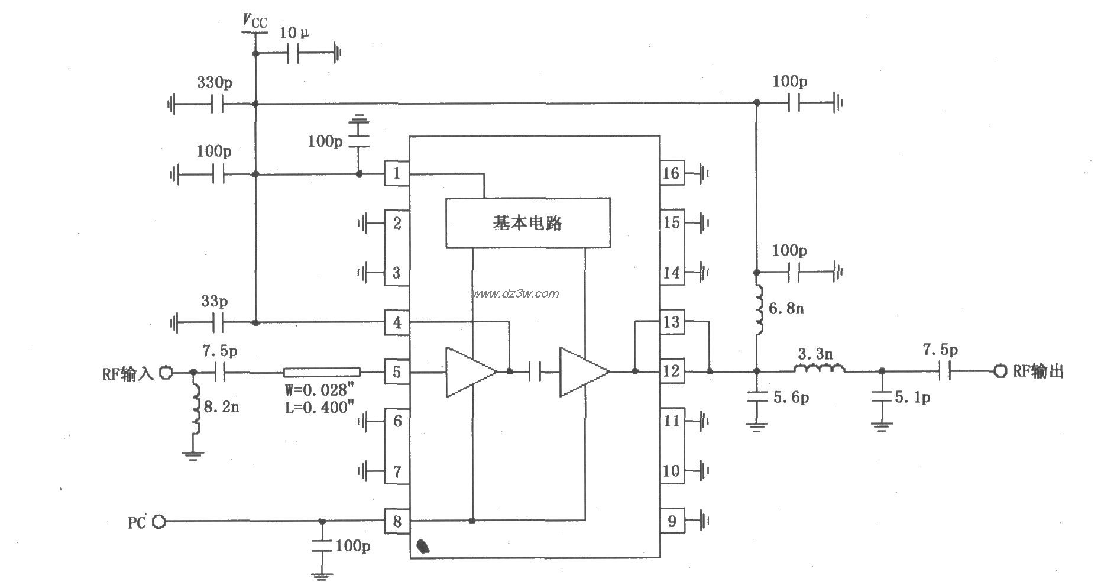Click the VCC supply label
coord(255,22)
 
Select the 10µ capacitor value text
coord(294,33)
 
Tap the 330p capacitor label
coord(214,83)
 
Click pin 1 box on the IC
coord(397,173)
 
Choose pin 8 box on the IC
coord(397,521)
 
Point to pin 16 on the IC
coord(671,173)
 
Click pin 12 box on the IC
coord(671,371)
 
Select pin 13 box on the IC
coord(671,322)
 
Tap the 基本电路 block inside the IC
coord(527,223)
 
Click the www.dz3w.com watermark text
coord(515,293)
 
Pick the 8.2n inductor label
coord(222,407)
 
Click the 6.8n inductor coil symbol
coord(759,309)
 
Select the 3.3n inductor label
coord(815,355)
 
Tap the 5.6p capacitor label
coord(791,398)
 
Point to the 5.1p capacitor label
coord(912,398)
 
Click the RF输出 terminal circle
coord(999,371)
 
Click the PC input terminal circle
coord(158,522)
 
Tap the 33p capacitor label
coord(214,302)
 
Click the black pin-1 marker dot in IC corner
coord(423,546)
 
